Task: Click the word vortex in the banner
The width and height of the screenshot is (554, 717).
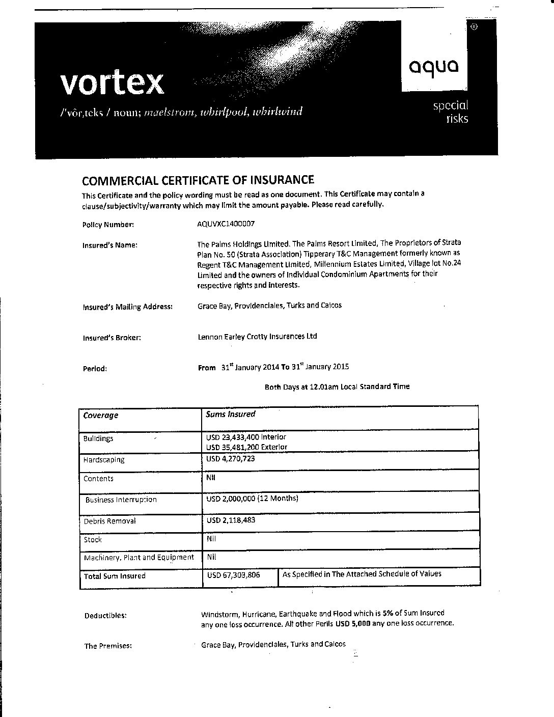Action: pos(113,83)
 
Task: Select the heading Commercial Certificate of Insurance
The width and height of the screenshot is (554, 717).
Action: pos(198,180)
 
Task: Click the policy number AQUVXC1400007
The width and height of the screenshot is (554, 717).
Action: pos(225,224)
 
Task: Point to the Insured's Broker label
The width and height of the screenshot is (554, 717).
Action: pos(112,338)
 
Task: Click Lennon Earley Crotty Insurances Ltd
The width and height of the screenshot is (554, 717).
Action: pos(257,337)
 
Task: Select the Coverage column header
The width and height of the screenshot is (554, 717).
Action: pos(101,416)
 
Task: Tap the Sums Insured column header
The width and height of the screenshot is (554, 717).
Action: pos(230,415)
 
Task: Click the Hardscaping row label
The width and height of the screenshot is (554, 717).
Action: pos(104,460)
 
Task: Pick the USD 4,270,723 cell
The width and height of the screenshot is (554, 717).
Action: pos(230,459)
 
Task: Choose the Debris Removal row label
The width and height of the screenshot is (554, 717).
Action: pos(109,521)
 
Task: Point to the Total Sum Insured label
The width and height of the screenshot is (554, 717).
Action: pos(115,576)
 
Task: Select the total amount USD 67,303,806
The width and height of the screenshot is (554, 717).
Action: pos(233,575)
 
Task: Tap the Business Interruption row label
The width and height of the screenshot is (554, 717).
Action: pos(121,500)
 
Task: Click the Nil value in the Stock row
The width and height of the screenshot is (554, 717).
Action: pos(211,538)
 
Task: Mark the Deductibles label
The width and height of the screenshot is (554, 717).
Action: pos(105,616)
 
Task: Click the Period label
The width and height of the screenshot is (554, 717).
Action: pos(95,369)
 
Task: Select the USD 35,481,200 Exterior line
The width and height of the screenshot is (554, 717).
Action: pos(246,447)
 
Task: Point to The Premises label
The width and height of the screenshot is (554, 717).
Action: pos(108,646)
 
